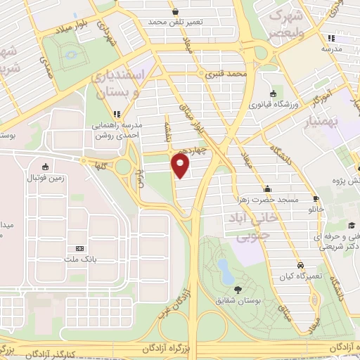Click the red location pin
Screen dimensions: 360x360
[181, 166]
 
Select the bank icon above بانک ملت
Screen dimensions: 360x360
[79, 248]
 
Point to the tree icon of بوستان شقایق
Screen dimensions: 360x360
[237, 290]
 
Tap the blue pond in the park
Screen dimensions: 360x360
[224, 267]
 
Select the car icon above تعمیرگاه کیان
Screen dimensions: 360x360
[300, 266]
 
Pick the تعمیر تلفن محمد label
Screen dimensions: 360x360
[175, 22]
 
